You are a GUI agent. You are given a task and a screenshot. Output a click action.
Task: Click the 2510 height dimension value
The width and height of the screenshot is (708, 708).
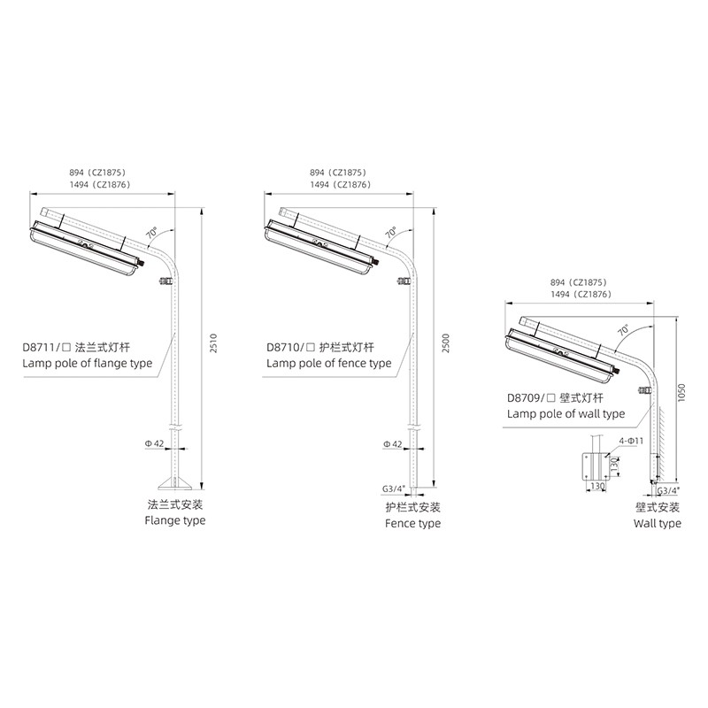pos(214,343)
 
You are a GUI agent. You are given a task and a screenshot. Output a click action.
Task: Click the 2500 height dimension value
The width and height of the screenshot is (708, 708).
pos(446,343)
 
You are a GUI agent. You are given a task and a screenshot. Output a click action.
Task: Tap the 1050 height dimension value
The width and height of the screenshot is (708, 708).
pos(681,392)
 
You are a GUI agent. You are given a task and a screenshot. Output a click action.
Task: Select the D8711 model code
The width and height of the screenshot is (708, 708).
pos(39,347)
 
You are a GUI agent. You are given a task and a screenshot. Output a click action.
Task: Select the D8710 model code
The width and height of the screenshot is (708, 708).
pos(283,347)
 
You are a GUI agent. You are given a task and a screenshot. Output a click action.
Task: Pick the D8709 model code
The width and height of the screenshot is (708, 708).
pos(524,397)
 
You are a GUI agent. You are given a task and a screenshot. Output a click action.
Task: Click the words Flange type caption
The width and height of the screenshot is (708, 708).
pos(175,520)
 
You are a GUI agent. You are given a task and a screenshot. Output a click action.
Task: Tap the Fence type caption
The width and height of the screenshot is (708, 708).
pos(412,523)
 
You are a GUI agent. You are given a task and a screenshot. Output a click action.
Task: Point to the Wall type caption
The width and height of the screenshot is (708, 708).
pos(657,523)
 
